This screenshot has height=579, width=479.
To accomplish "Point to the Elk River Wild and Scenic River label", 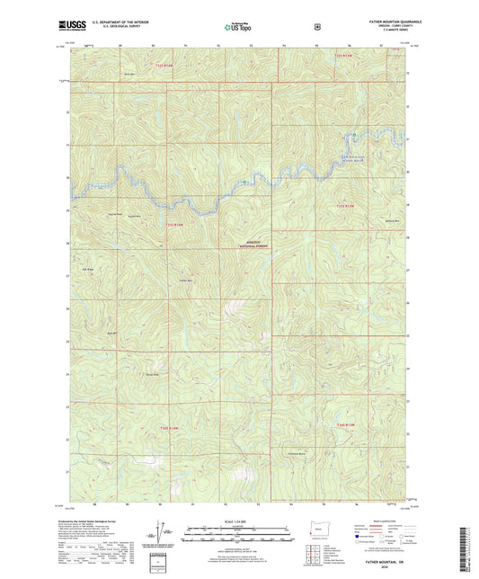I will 356,160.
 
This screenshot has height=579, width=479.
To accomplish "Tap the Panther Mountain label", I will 185,281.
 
